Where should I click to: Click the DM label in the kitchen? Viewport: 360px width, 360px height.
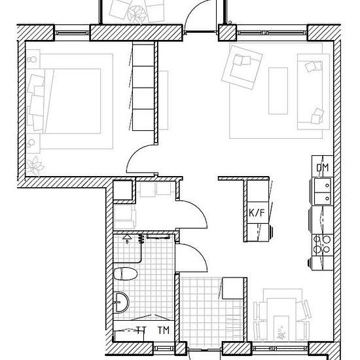pos(322,168)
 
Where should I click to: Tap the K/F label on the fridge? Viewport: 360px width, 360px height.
pos(257,213)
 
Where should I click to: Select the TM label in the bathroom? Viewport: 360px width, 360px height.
pos(164,330)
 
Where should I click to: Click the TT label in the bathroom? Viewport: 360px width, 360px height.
pos(141,330)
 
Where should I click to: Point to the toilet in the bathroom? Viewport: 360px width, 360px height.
pos(126,274)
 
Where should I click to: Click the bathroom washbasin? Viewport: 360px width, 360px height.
pos(121,302)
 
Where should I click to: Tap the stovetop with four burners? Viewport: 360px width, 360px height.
pos(322,244)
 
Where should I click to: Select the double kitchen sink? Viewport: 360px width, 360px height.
pos(323,191)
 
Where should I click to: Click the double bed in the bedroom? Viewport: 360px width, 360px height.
pos(69,101)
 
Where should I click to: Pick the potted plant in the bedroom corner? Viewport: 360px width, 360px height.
pos(35,166)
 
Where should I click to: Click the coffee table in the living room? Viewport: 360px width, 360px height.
pos(278,91)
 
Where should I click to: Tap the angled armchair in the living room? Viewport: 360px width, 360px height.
pos(242,67)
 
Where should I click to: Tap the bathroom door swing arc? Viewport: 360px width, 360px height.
pos(198,254)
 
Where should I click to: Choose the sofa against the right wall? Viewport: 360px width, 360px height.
pos(313,92)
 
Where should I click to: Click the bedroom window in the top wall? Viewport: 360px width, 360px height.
pos(72,33)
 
